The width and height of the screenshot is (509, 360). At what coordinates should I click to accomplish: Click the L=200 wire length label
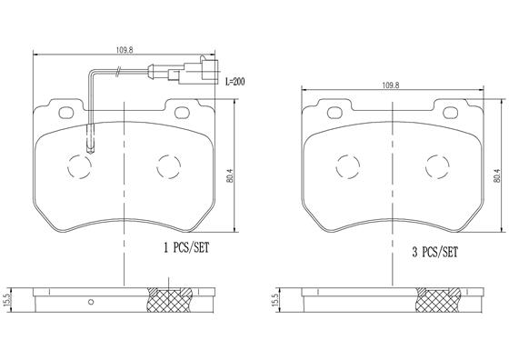[235, 82]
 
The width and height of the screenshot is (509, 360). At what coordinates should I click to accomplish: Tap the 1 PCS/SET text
[186, 248]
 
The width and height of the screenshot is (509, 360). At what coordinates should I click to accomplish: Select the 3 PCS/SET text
[434, 252]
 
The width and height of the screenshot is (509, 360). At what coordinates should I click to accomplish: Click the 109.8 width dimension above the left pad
[125, 50]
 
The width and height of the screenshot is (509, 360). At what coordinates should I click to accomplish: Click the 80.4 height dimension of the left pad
[231, 175]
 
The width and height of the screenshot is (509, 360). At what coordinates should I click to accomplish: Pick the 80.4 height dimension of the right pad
[496, 175]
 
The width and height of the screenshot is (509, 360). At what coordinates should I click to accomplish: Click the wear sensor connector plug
[194, 72]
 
